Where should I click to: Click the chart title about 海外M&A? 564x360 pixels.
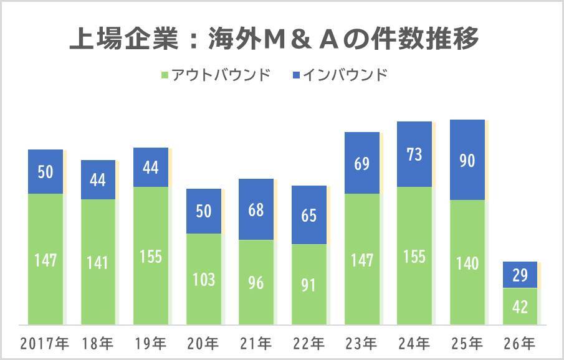(274, 39)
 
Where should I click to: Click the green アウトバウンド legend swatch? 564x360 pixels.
(165, 75)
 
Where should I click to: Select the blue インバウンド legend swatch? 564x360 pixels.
(297, 75)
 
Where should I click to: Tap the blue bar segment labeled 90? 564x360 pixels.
(467, 160)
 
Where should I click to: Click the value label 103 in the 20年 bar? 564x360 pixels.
(203, 279)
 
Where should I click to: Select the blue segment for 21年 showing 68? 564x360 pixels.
(256, 209)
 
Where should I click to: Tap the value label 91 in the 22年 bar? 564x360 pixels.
(308, 285)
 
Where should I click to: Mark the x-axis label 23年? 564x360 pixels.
(361, 343)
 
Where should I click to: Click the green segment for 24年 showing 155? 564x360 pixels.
(414, 255)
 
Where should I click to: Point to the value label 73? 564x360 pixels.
(414, 154)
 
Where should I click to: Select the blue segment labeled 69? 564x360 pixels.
(361, 163)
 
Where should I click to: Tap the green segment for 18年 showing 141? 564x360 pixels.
(98, 262)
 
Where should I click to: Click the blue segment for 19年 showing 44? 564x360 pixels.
(150, 167)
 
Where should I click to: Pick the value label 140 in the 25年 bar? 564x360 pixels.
(467, 263)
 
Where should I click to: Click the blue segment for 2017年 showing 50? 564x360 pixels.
(45, 171)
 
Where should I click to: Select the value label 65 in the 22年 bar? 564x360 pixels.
(308, 215)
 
